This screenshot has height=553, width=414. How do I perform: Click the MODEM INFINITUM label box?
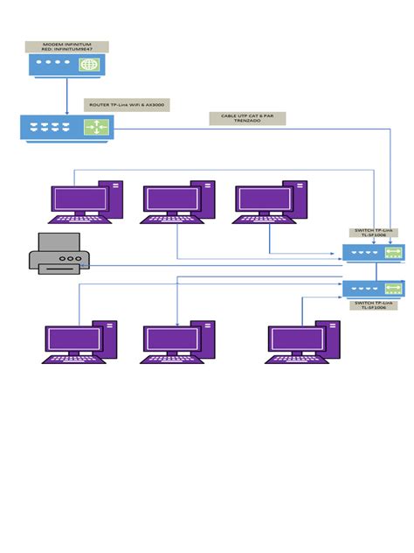pos(66,45)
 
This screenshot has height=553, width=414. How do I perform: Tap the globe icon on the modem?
pos(89,65)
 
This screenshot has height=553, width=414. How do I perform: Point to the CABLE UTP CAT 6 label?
pos(247,115)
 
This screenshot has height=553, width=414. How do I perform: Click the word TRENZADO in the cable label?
pos(247,121)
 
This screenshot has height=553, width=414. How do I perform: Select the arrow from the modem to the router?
pos(66,94)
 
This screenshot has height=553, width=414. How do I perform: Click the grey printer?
pos(59,257)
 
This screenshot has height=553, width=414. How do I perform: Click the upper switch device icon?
pos(373,253)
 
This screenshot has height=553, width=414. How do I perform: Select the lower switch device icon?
pos(373,288)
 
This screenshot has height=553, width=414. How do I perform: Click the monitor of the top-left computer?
pos(79,199)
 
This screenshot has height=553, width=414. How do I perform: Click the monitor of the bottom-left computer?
pos(72,338)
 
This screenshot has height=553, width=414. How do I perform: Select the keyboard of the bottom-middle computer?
pos(171,358)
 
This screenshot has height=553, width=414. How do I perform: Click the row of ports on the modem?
pos(53,64)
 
